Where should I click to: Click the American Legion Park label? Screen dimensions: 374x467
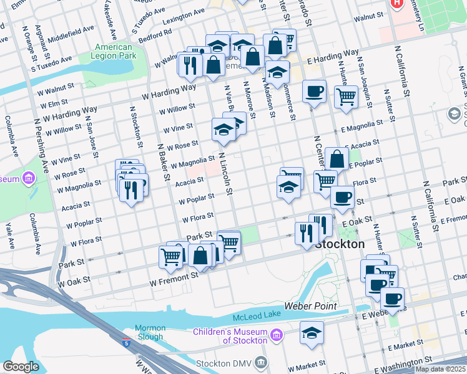114,51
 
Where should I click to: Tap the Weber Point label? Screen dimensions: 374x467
311,306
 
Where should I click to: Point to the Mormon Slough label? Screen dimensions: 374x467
150,332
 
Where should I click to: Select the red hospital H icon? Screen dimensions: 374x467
396,3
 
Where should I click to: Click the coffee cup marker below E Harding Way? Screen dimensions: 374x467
314,92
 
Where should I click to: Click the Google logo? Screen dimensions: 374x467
21,367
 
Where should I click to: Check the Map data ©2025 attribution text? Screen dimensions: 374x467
440,369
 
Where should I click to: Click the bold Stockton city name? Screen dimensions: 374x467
340,244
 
